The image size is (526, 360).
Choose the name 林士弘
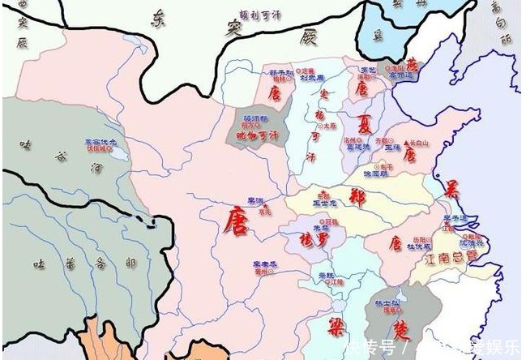[x=395, y=302]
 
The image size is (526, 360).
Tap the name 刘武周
[x=312, y=79]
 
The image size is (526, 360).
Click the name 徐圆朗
[x=377, y=174]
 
